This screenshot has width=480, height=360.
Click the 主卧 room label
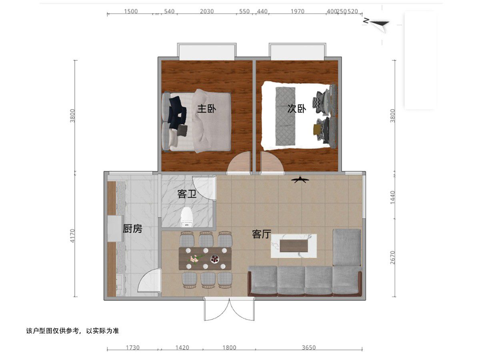206,109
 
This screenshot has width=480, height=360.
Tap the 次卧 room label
296,109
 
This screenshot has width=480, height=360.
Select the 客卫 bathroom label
187,194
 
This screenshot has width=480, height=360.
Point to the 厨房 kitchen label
132,229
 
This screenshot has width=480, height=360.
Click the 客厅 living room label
262,234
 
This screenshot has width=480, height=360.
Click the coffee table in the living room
294,246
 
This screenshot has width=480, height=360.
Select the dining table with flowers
205,258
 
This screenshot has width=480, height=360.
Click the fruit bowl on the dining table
215,259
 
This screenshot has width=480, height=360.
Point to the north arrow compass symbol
377,24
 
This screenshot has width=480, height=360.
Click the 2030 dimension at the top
207,11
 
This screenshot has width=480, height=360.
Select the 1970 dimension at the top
298,11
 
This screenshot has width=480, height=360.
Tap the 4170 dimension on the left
73,236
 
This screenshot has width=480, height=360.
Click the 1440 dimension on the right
393,198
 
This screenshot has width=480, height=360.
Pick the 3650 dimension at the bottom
309,348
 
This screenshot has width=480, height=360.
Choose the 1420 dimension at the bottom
182,348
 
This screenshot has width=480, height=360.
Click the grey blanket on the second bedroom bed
285,116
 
